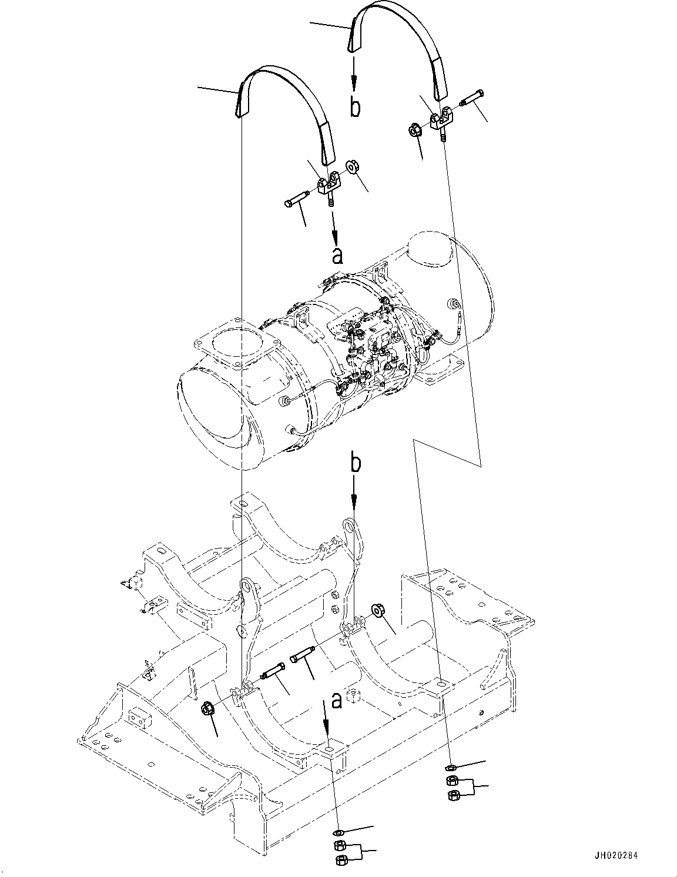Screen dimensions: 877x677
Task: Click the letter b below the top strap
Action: pos(356,108)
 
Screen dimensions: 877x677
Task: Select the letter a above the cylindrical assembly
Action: pos(337,256)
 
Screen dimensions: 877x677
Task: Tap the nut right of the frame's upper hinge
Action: pos(377,612)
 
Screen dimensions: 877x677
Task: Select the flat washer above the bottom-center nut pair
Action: pos(338,832)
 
